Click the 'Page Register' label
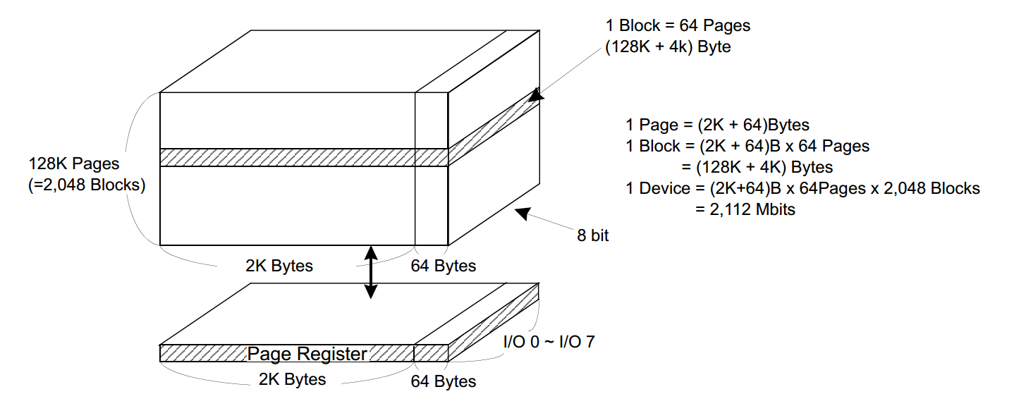(307, 354)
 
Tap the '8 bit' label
(593, 237)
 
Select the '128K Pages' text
(74, 164)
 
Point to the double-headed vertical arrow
(370, 271)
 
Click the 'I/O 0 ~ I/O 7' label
(549, 342)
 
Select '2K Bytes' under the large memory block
(279, 266)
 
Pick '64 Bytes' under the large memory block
(444, 266)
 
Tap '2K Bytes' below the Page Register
(292, 379)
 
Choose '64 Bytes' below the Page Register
(444, 381)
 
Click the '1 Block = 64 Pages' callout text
(678, 26)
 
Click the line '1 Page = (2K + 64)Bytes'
(717, 125)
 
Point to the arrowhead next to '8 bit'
(523, 212)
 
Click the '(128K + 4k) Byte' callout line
(666, 47)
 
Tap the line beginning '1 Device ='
(802, 189)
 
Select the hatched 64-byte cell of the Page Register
(431, 352)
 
